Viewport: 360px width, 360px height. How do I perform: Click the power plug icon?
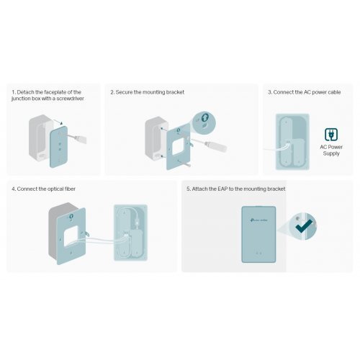pyautogui.click(x=332, y=134)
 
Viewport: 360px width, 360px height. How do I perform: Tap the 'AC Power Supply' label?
pyautogui.click(x=332, y=149)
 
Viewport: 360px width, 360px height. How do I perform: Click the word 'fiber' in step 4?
pyautogui.click(x=66, y=189)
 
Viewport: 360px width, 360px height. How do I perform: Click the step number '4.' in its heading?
pyautogui.click(x=14, y=189)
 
